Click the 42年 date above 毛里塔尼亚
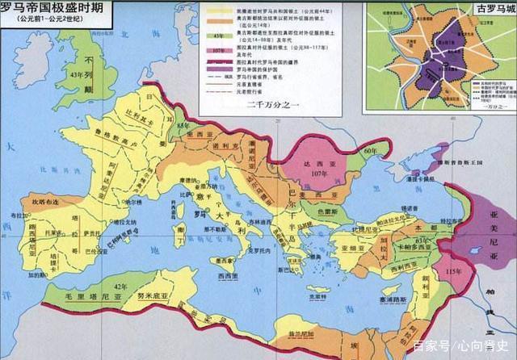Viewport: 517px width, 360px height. click(x=122, y=287)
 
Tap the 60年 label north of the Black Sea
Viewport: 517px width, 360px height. click(x=371, y=151)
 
